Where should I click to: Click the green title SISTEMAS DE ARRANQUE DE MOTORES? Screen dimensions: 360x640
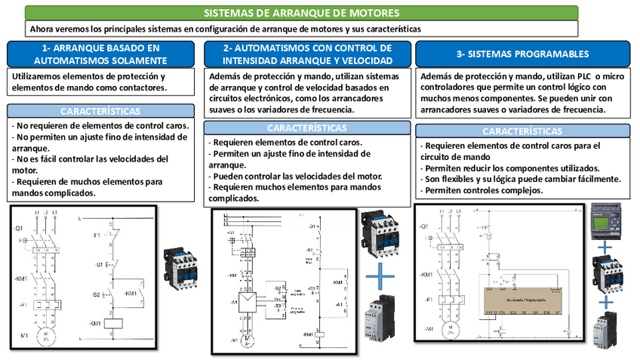tap(302, 13)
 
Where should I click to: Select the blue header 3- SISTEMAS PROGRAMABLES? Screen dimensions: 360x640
tap(522, 55)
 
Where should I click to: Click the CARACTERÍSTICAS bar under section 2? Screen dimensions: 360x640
tap(307, 128)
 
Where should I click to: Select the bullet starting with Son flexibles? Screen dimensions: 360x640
tap(521, 179)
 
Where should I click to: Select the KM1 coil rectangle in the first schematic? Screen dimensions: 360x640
tap(114, 324)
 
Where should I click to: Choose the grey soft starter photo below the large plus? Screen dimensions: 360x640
tap(380, 321)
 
